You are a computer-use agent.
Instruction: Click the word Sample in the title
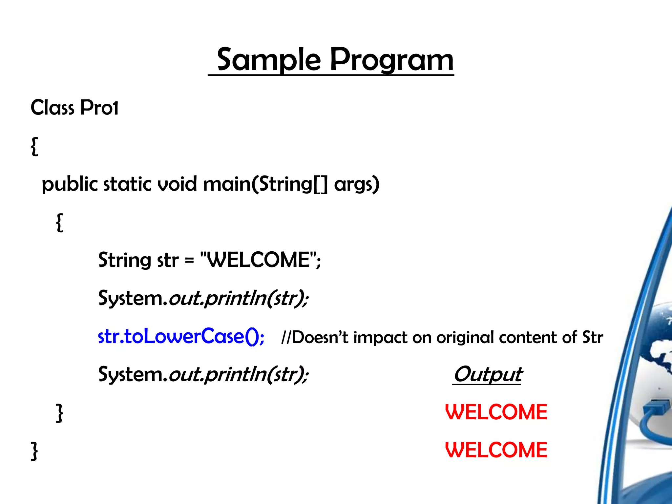tap(269, 60)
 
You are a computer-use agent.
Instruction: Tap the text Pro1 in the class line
tap(99, 108)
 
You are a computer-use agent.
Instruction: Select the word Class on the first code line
tap(52, 108)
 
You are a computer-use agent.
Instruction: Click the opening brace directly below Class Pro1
tap(34, 146)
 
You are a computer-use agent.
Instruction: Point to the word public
tap(70, 184)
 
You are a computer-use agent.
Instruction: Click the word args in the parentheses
tap(354, 184)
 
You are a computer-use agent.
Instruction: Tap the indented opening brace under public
tap(59, 222)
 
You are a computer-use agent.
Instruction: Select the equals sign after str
tap(189, 261)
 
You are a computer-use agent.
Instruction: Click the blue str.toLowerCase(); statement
tap(181, 336)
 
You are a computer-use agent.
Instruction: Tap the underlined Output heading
tap(487, 374)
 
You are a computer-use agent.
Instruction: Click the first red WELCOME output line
tap(496, 412)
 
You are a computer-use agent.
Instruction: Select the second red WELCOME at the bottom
tap(496, 450)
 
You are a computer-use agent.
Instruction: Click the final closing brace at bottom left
tap(34, 451)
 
